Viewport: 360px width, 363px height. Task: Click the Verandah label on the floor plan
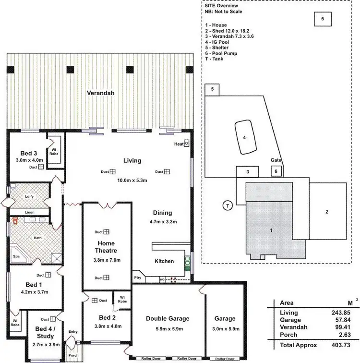[x=100, y=93]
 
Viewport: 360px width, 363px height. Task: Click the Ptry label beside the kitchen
[x=138, y=278]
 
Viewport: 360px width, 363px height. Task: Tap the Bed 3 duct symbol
[x=41, y=167]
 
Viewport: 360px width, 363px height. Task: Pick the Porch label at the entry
[x=73, y=355]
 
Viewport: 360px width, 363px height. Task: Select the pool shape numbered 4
[x=245, y=137]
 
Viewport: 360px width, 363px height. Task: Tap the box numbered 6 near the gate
[x=276, y=171]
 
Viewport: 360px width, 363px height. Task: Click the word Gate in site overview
[x=276, y=160]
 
